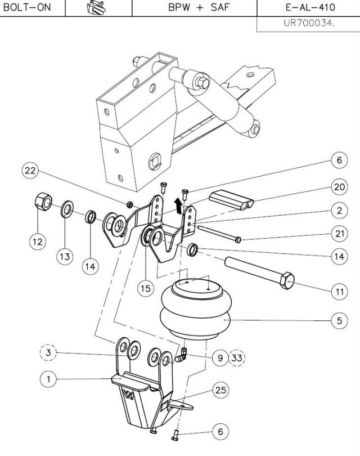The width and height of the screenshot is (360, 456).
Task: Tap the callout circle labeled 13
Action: coord(65,256)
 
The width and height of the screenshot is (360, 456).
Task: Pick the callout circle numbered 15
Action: coord(146,288)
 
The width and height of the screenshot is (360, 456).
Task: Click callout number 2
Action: coord(339,211)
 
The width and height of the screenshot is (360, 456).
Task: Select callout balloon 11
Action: coord(339,292)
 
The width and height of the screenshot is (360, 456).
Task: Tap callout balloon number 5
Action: coord(339,321)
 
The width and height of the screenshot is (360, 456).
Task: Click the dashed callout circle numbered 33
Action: coord(237,357)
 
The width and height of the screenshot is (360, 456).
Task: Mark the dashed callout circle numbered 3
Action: coord(49,352)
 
